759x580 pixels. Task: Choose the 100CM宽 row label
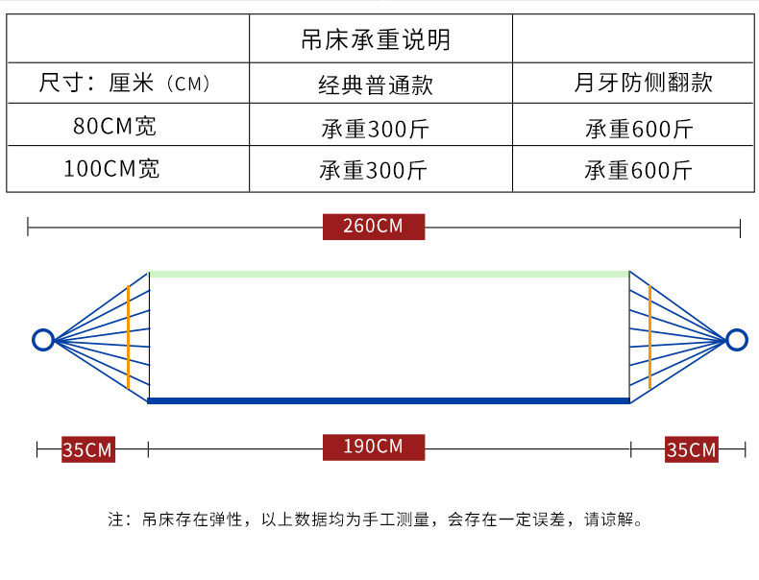pyautogui.click(x=111, y=170)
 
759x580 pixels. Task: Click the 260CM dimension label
pyautogui.click(x=374, y=227)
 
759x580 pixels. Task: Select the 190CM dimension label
pyautogui.click(x=374, y=447)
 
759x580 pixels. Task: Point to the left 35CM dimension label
pyautogui.click(x=87, y=449)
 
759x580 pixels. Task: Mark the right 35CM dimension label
pyautogui.click(x=691, y=449)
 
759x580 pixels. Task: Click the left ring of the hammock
pyautogui.click(x=42, y=339)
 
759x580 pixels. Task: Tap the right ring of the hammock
pyautogui.click(x=736, y=339)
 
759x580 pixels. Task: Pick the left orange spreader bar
pyautogui.click(x=128, y=336)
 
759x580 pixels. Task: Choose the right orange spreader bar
pyautogui.click(x=649, y=336)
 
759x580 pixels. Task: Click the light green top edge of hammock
pyautogui.click(x=388, y=275)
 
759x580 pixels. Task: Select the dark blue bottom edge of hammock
pyautogui.click(x=388, y=400)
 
